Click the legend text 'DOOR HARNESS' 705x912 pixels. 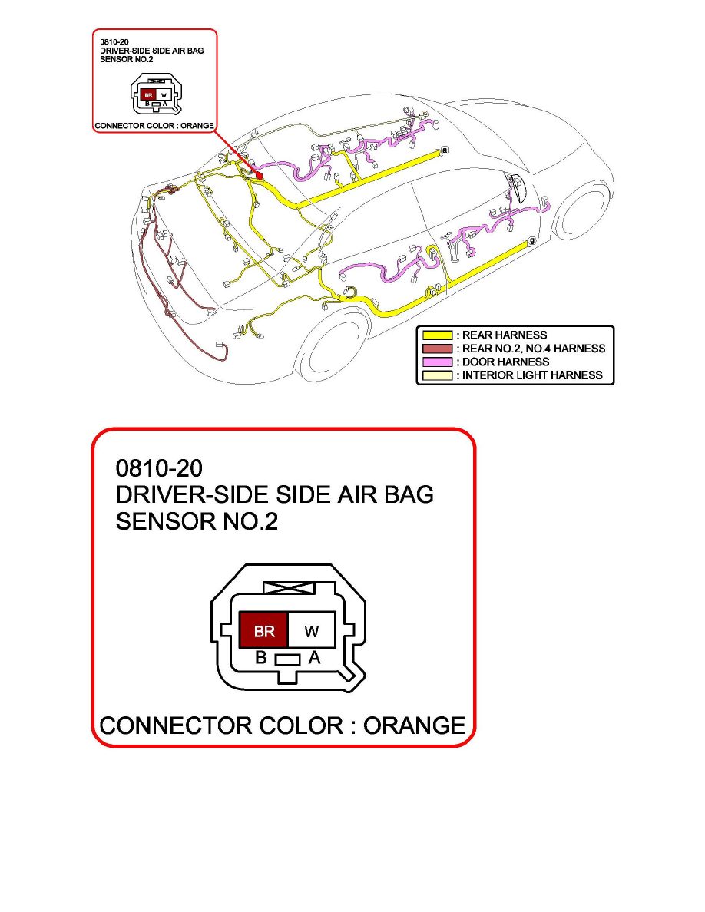505,362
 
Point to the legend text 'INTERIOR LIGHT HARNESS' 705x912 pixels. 531,375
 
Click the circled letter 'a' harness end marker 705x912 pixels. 445,150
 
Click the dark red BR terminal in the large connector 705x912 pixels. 263,631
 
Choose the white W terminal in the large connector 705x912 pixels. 312,631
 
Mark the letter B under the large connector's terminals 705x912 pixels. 260,658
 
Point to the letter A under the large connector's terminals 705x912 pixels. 313,658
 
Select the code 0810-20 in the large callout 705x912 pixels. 160,468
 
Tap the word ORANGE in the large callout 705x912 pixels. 414,725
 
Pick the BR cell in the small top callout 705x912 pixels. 148,96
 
